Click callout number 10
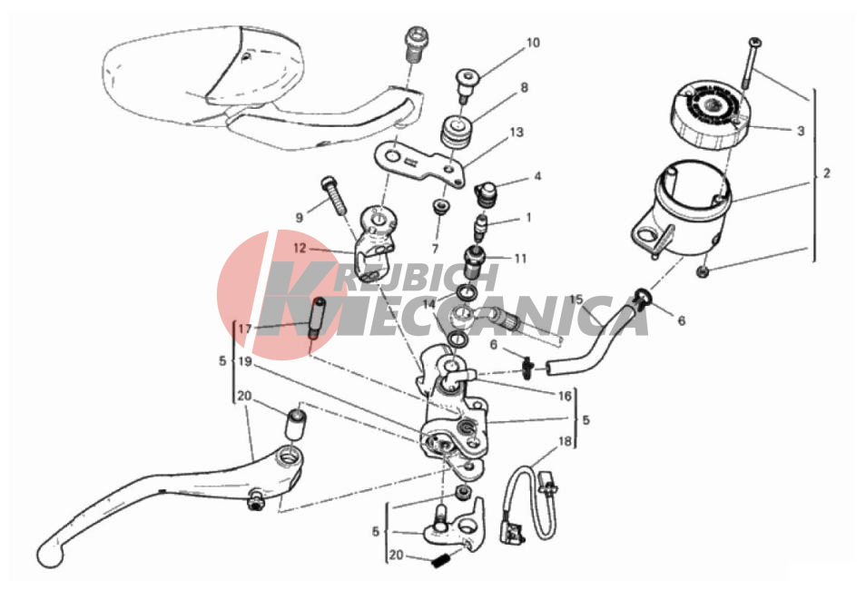[x=533, y=43]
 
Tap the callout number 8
[x=524, y=87]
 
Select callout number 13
[x=517, y=133]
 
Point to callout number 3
[x=801, y=131]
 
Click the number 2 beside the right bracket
[x=826, y=172]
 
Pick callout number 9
[x=300, y=218]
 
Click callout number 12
[x=300, y=249]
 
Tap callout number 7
[x=435, y=249]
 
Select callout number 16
[x=565, y=396]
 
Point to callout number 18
[x=565, y=441]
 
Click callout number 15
[x=576, y=300]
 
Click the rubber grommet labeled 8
[x=458, y=132]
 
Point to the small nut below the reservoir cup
[x=704, y=271]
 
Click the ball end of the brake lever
[x=50, y=553]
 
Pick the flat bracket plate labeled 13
[x=422, y=163]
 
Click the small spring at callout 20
[x=440, y=564]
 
